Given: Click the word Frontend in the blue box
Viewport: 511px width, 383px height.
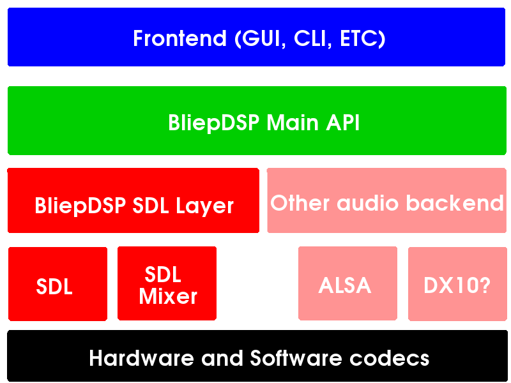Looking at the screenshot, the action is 179,38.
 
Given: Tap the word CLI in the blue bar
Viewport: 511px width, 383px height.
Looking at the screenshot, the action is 310,38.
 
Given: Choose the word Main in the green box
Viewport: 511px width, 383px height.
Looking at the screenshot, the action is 293,123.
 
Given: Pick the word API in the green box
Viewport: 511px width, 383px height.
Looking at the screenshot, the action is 343,123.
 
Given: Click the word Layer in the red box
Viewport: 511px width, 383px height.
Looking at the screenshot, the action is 204,206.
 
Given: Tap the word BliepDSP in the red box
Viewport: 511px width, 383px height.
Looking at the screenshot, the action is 80,206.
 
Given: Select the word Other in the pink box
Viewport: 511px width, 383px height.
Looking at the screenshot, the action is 300,203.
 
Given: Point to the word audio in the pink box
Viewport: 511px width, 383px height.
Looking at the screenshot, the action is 368,203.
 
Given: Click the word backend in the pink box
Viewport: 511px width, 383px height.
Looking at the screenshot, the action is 455,203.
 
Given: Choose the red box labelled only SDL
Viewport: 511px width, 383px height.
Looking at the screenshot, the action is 57,283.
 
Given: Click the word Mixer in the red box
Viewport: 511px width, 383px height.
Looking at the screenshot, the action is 168,297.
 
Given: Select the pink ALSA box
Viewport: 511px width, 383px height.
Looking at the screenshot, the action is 347,283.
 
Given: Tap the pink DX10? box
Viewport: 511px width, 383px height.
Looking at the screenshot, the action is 457,283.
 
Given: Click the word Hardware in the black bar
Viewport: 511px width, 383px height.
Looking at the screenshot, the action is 142,358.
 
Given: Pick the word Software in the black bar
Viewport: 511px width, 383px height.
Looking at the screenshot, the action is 296,358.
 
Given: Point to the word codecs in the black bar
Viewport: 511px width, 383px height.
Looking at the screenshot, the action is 390,358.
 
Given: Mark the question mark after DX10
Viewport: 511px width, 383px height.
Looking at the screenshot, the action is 484,285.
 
